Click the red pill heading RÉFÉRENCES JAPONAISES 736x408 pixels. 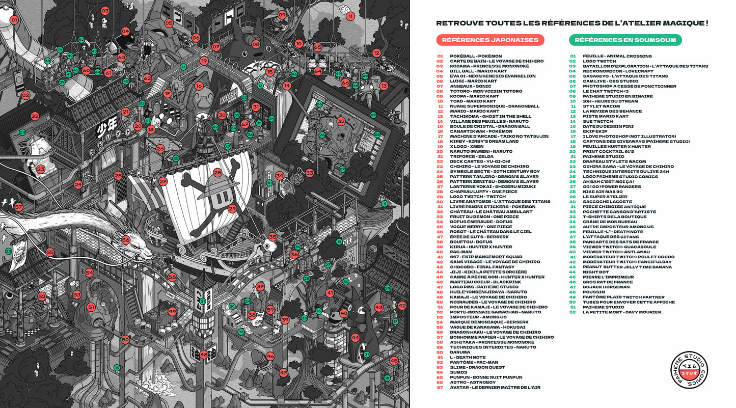[490, 40]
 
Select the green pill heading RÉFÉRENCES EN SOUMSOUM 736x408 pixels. [625, 40]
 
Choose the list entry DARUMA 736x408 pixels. [460, 352]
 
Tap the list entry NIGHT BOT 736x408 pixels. [595, 272]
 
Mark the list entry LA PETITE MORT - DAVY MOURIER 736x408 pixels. [622, 312]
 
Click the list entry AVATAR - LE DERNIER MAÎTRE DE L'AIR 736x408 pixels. [495, 387]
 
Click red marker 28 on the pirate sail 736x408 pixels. [217, 173]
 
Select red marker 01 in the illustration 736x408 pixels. [14, 20]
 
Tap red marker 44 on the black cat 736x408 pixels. [355, 337]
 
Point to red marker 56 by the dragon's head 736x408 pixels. [126, 240]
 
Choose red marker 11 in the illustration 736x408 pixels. [350, 16]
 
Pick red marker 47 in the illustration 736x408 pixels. [284, 373]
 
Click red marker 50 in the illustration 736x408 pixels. [125, 340]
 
